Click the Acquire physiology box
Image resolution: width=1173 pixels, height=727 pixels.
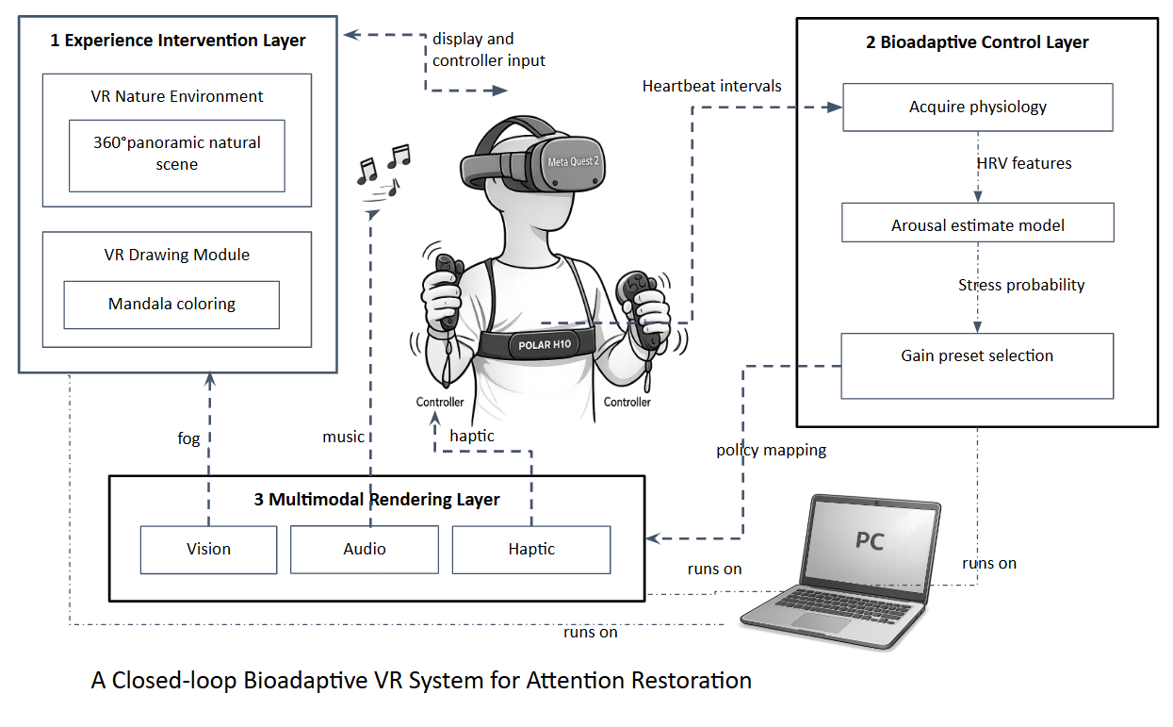tap(977, 107)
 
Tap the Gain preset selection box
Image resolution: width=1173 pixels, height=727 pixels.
tap(977, 365)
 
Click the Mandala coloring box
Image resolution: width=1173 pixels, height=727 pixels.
tap(171, 305)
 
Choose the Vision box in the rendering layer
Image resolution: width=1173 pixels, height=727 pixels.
tap(208, 550)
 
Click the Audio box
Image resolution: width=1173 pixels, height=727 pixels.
tap(364, 550)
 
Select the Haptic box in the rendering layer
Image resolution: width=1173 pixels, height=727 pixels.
tap(531, 550)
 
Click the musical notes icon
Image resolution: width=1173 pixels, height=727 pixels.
tap(383, 170)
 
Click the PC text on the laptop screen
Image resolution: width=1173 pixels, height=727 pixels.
tap(869, 541)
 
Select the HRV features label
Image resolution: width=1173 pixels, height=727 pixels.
tap(1023, 163)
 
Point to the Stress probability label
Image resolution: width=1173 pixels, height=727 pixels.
tap(1021, 285)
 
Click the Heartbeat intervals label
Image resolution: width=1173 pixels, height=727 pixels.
tap(711, 86)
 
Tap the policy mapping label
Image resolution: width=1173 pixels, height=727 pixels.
tap(771, 450)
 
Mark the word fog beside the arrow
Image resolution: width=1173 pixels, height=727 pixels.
tap(188, 438)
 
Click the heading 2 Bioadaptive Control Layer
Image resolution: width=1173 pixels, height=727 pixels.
tap(977, 42)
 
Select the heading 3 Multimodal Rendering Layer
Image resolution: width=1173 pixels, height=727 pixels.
tap(377, 500)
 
